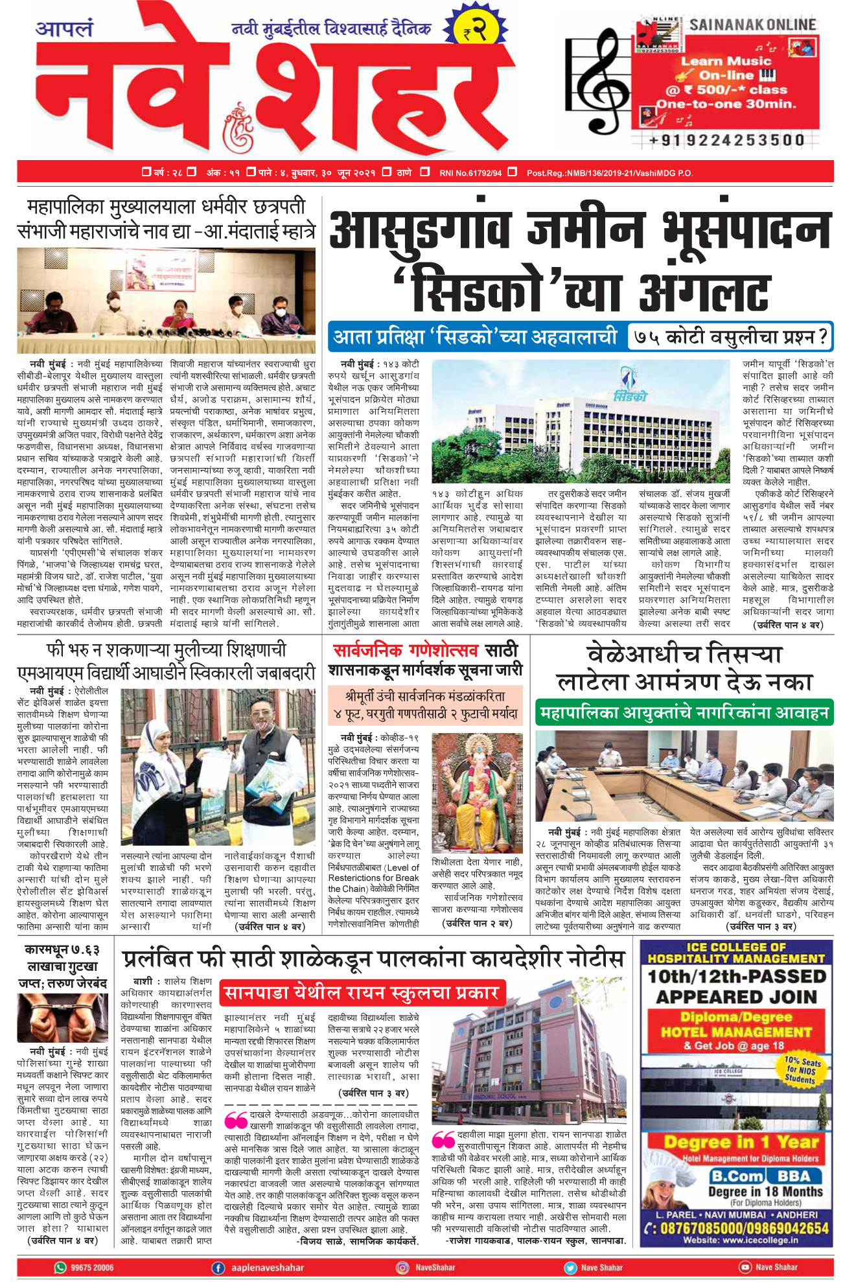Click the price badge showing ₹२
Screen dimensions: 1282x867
coord(475,29)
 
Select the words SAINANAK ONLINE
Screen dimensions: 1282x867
coord(752,25)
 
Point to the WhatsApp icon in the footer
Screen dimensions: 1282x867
coord(60,1267)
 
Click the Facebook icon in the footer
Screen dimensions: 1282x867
coord(218,1268)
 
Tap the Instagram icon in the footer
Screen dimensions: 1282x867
coord(403,1268)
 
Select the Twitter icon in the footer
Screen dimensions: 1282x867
coord(570,1268)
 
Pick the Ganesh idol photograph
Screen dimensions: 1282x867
coord(477,792)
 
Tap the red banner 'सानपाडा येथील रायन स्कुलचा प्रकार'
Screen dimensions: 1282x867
coord(362,992)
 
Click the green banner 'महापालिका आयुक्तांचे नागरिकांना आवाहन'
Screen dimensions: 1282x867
coord(684,714)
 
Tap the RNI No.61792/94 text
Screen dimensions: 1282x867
coord(470,172)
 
